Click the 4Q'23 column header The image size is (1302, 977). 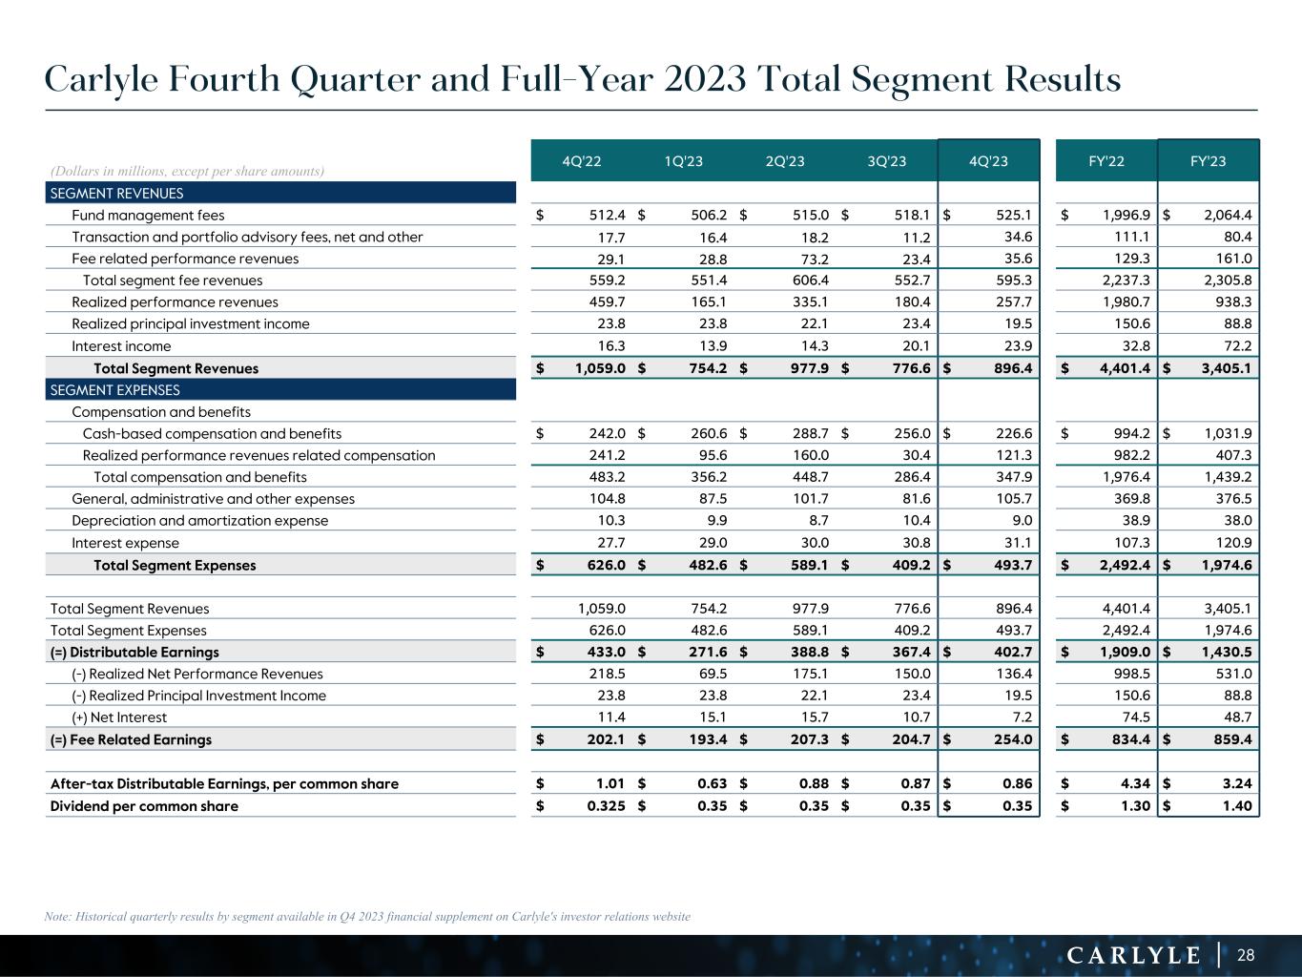(x=988, y=161)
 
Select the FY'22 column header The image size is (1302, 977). (x=1106, y=161)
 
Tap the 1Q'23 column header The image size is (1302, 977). (x=683, y=161)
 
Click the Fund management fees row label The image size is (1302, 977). (x=148, y=216)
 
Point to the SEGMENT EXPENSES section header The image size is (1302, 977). (x=114, y=390)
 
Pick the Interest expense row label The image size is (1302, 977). (x=125, y=543)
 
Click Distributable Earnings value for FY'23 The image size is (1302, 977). (x=1223, y=653)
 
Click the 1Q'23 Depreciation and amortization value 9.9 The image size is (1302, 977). (x=717, y=521)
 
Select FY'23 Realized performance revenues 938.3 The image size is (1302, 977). (x=1231, y=302)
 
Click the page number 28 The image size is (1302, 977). (x=1246, y=955)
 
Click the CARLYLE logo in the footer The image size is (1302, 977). (x=1132, y=955)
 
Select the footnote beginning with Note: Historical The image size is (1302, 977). (x=367, y=917)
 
